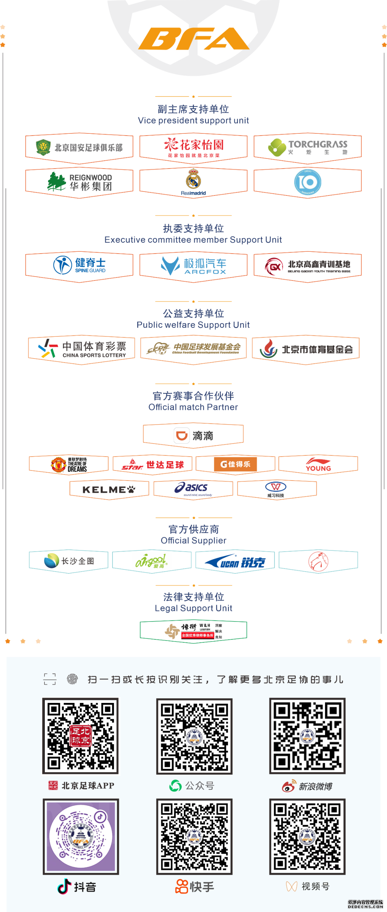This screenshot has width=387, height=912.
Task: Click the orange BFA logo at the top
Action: (193, 39)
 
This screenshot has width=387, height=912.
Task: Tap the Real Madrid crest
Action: (193, 179)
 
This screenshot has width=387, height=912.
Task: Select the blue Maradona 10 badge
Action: (307, 183)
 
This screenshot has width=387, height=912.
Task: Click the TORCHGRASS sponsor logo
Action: (308, 147)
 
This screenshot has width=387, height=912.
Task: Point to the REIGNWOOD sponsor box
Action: (80, 182)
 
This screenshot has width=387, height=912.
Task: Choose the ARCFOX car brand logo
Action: (193, 266)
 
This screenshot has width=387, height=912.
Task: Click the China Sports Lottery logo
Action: (82, 349)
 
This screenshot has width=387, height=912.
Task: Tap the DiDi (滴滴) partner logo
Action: (193, 436)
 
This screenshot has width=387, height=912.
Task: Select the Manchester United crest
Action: (58, 465)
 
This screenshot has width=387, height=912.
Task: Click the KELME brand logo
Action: (109, 490)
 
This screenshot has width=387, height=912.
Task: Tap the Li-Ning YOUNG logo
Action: (318, 464)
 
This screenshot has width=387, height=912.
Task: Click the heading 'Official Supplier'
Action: (193, 540)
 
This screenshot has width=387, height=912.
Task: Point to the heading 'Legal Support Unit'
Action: (193, 608)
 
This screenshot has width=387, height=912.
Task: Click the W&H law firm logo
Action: (193, 631)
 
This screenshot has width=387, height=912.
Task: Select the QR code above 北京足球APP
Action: (80, 736)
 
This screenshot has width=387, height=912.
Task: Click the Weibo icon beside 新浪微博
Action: (288, 786)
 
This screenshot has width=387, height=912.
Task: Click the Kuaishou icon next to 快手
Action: (181, 887)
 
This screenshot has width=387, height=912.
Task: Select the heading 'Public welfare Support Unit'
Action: (193, 325)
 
